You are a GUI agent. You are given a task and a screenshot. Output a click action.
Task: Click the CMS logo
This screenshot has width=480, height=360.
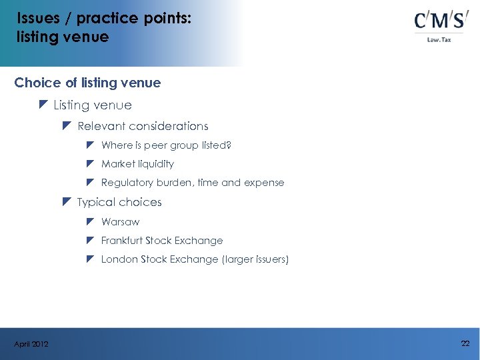pos(439,21)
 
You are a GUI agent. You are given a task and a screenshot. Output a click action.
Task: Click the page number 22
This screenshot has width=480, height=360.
pos(465,343)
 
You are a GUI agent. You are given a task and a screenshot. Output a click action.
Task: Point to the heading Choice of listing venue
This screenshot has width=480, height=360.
pos(87,83)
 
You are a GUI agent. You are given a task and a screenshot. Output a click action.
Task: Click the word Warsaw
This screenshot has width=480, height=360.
pos(120,221)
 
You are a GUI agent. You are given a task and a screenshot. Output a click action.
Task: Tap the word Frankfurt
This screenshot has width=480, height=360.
pos(122,240)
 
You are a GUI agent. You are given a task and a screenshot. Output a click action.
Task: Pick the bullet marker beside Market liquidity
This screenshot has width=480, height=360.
pos(91,163)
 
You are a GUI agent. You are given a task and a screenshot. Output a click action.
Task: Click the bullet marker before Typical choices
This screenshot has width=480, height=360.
pos(67,201)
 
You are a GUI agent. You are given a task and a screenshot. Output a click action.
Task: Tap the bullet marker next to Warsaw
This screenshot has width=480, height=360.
pos(91,221)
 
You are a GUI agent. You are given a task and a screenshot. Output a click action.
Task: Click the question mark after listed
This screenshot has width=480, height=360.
pos(229,145)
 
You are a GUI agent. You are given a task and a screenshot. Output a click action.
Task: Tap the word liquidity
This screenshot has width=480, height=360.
pos(156,163)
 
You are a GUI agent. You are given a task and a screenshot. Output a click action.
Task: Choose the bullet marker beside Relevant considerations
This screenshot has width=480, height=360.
pos(67,125)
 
